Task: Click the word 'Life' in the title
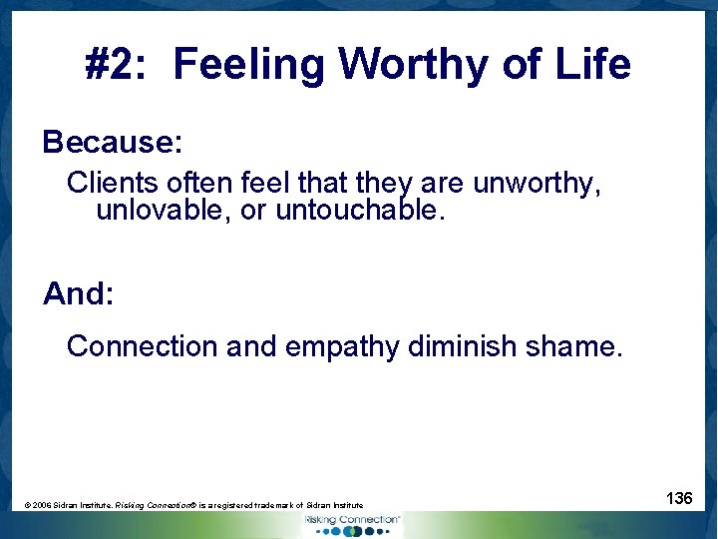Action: tap(592, 65)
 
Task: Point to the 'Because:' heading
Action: tap(113, 142)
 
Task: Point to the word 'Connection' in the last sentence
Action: tap(142, 346)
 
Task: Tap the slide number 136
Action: tap(680, 497)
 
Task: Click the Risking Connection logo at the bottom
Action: tap(350, 523)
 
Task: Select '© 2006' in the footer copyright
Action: tap(40, 506)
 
